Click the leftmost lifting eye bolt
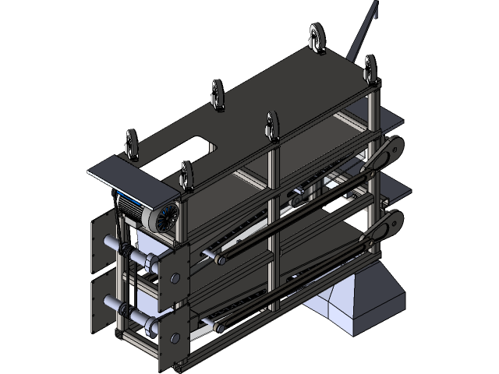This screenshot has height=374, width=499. click(133, 144)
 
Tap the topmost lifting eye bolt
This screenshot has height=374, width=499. click(317, 37)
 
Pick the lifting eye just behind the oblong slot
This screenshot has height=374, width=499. click(218, 93)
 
